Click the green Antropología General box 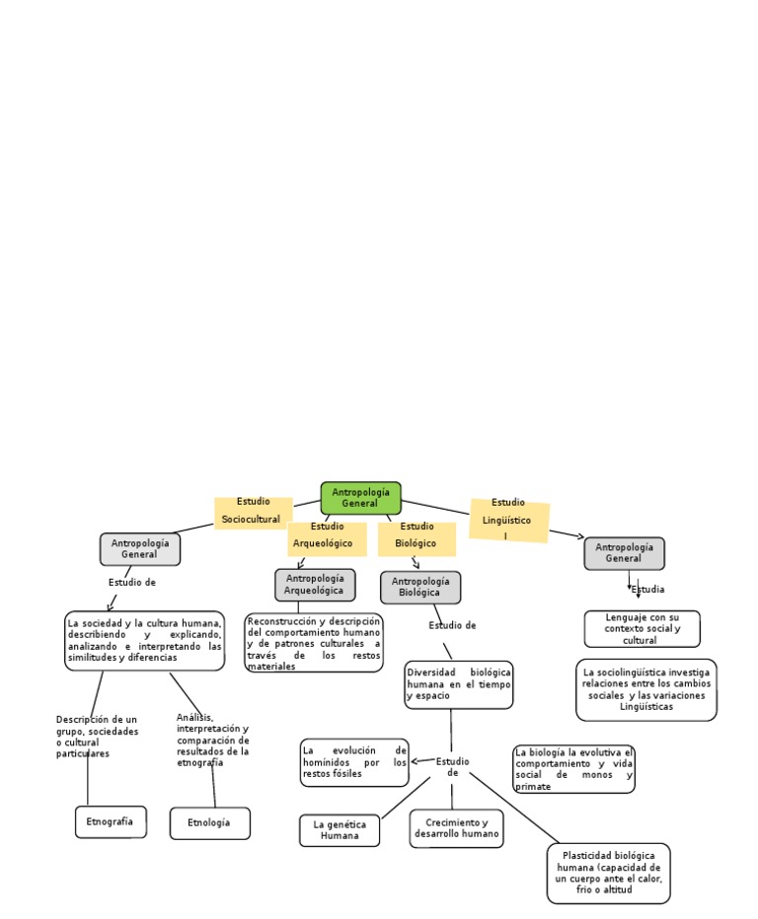point(360,498)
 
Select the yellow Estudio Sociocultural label point(253,511)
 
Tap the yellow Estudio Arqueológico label point(326,535)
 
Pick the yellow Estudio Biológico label point(417,535)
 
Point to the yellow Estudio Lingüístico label point(508,519)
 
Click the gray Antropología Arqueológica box point(314,584)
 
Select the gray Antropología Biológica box point(419,587)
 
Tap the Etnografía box point(111,821)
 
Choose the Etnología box point(209,822)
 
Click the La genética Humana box point(340,830)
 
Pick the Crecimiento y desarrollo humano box point(456,828)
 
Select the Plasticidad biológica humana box point(608,873)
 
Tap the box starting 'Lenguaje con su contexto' point(641,628)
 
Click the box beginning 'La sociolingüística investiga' point(645,689)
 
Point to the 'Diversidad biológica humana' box point(458,684)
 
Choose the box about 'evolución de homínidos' point(353,762)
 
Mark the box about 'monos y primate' point(573,769)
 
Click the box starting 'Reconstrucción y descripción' point(313,643)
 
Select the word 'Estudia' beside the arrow point(648,590)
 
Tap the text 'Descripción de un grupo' point(97,737)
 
